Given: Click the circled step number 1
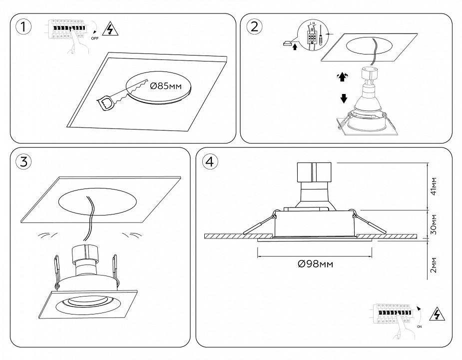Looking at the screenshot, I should tap(22, 27).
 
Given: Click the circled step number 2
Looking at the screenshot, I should tap(254, 27).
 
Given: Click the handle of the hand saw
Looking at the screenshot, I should tap(107, 103).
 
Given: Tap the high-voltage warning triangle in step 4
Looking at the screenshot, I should tap(438, 314).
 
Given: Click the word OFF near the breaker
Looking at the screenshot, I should tap(95, 37).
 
